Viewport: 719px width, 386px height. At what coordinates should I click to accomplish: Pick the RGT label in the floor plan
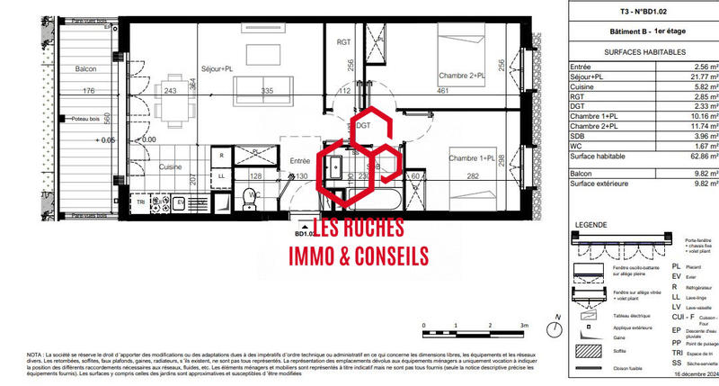[x=344, y=42]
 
